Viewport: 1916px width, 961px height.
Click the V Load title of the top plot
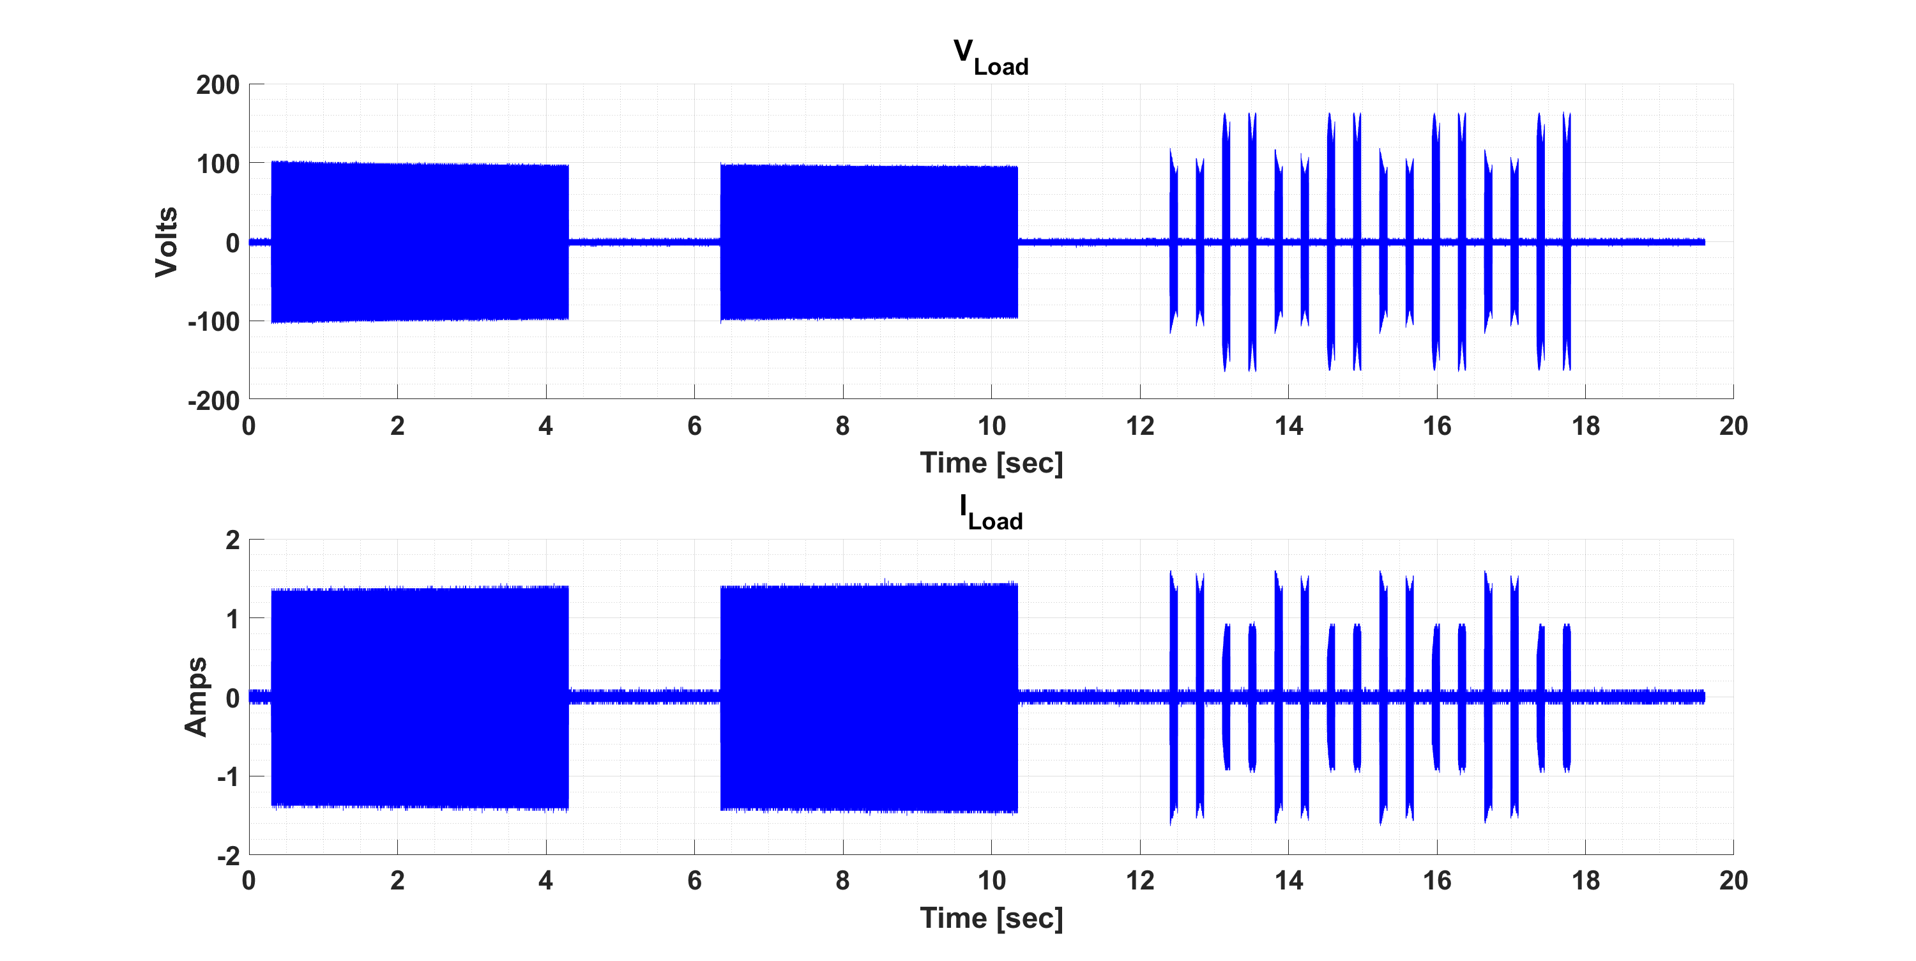[990, 57]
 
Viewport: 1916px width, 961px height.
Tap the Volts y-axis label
[167, 242]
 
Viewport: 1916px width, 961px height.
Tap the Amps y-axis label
[195, 697]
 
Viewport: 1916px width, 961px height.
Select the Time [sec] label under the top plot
[991, 463]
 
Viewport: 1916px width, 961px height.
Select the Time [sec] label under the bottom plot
[991, 918]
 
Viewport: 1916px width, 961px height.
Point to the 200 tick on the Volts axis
[217, 85]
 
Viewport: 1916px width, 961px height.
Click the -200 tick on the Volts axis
[213, 401]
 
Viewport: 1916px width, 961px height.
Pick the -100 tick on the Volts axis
[213, 322]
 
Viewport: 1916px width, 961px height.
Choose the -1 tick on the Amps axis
[227, 777]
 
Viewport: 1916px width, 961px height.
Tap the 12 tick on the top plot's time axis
[1139, 426]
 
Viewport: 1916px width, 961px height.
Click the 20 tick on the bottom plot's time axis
[1733, 881]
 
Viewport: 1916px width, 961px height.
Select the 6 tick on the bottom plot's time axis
[694, 881]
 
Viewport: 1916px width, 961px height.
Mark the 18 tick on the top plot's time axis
[1585, 426]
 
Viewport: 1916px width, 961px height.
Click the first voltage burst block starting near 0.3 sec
[420, 242]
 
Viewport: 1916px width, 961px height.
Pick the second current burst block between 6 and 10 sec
[868, 697]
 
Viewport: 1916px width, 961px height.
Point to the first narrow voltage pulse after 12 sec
[1174, 242]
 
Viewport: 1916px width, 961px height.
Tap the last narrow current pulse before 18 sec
[1567, 697]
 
